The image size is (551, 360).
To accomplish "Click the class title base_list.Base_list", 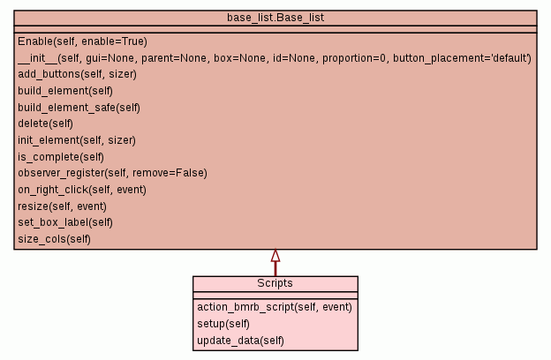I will (275, 18).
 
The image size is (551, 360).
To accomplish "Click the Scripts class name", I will (275, 284).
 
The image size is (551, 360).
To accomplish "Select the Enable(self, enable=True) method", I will (82, 41).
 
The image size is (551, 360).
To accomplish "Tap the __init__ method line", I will (274, 58).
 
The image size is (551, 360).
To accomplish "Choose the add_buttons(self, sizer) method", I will (77, 74).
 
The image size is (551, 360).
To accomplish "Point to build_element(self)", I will (64, 91).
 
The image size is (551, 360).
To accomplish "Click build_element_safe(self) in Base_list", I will (79, 108).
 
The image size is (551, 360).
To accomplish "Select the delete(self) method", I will (45, 124).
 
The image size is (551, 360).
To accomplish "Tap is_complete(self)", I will (61, 157).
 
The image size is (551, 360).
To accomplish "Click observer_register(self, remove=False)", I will (112, 173).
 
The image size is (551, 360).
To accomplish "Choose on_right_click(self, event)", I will (82, 190).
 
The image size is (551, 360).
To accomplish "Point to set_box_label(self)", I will (65, 222).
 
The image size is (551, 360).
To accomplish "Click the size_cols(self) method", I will (54, 239).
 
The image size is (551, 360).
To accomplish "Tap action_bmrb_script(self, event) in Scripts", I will (275, 307).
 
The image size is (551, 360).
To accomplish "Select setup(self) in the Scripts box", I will (217, 324).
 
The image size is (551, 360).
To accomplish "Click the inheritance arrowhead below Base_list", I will (275, 256).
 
